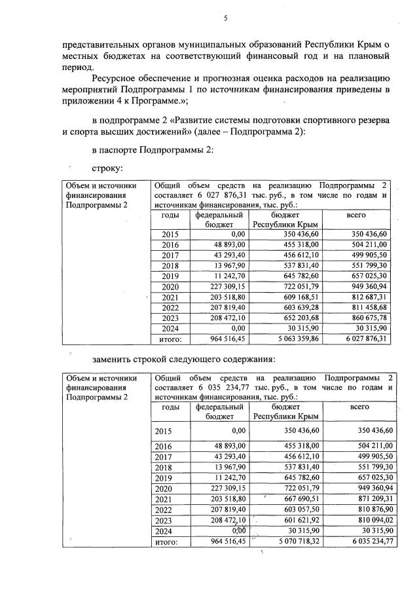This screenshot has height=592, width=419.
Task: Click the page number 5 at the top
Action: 226,18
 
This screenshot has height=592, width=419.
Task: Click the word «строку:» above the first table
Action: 108,169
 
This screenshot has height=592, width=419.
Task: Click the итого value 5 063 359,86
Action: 297,339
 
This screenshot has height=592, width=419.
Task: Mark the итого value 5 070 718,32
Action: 297,542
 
